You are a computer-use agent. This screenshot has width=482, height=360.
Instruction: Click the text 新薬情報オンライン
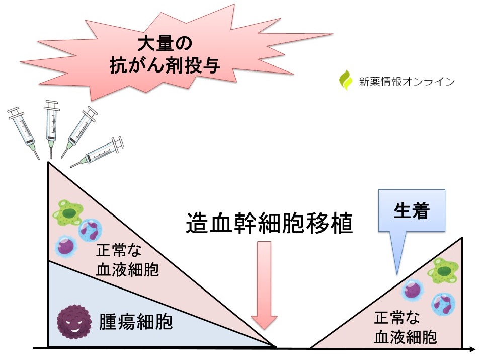click(403, 81)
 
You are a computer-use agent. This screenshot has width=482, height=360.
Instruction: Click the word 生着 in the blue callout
click(411, 211)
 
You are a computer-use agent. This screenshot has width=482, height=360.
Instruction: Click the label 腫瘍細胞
click(135, 321)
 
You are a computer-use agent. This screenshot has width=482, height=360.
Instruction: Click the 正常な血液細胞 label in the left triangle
click(127, 262)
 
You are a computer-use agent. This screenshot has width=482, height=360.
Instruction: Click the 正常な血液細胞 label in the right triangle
click(405, 328)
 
